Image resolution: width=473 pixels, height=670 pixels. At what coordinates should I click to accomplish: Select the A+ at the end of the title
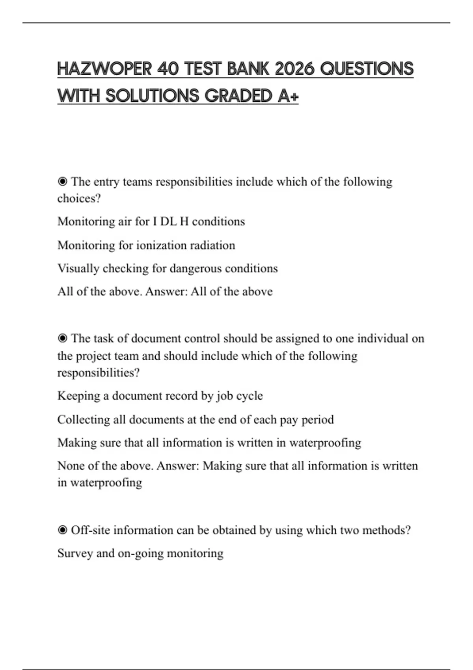click(x=288, y=96)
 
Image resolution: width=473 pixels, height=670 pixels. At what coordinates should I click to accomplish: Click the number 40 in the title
click(x=168, y=69)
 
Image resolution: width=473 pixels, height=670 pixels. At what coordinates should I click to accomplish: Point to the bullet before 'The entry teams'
click(x=62, y=182)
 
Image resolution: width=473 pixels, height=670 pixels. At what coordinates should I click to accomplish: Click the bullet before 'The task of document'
click(x=62, y=339)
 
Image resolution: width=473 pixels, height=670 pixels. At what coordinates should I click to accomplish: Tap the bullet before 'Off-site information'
click(x=62, y=530)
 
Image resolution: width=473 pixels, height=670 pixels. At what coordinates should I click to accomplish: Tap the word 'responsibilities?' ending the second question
click(x=99, y=372)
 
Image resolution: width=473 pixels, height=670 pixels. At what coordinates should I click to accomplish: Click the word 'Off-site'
click(x=90, y=530)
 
